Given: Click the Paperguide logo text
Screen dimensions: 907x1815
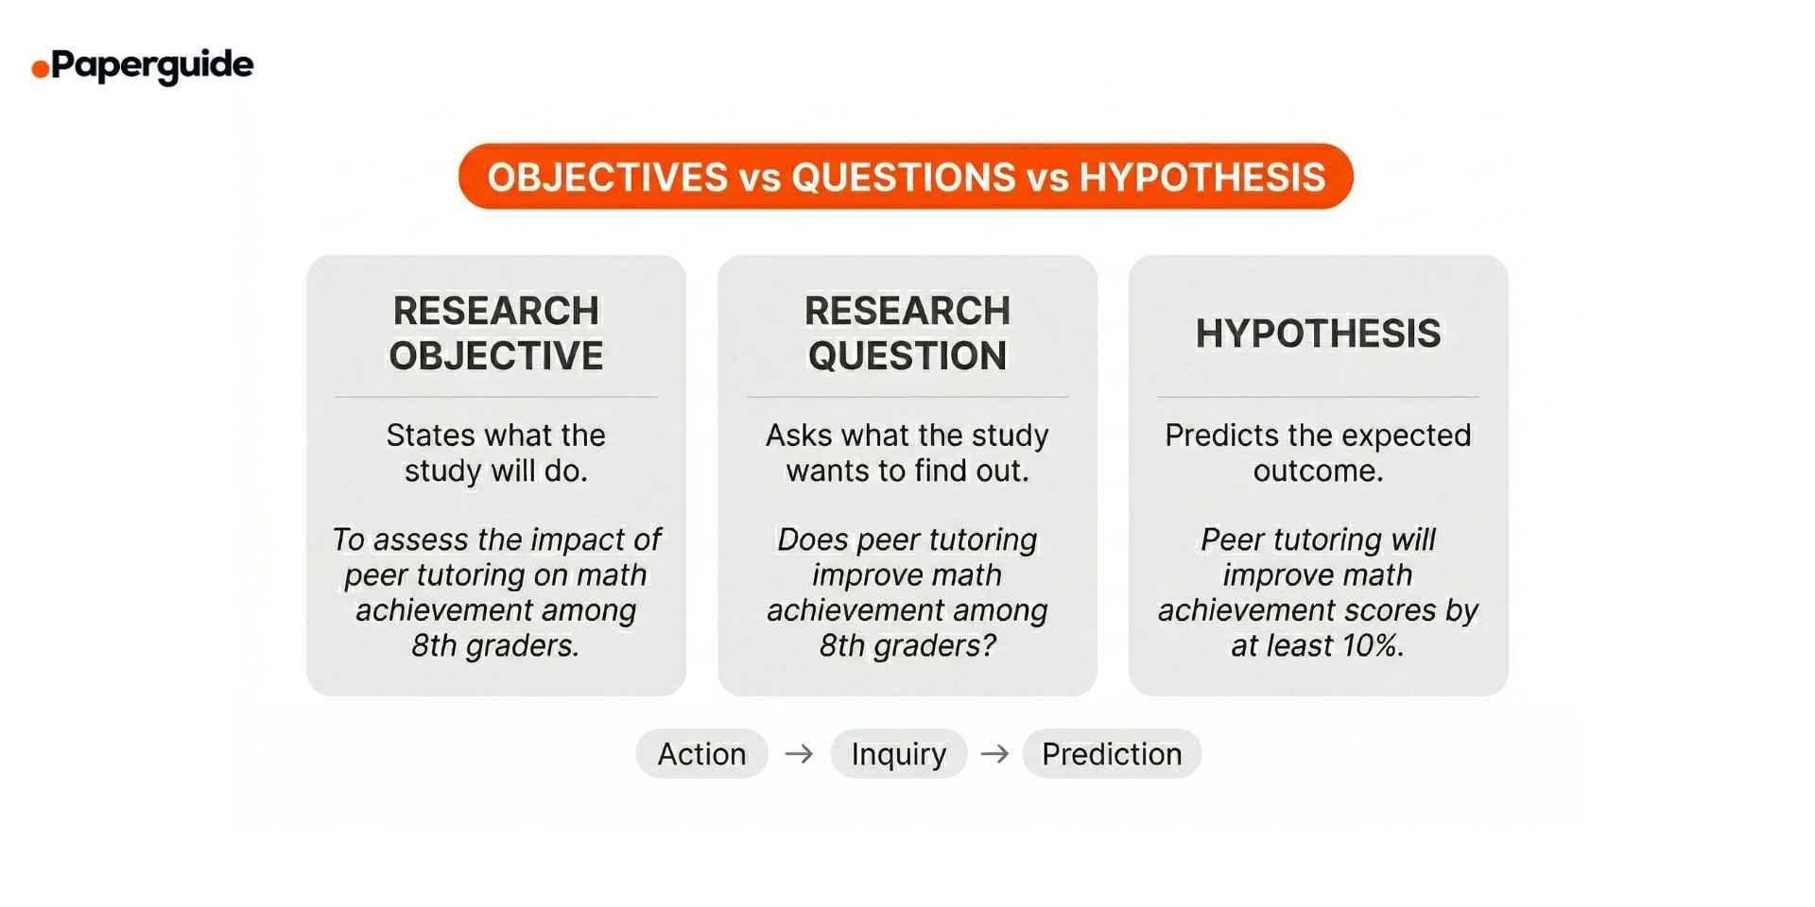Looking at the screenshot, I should pyautogui.click(x=151, y=65).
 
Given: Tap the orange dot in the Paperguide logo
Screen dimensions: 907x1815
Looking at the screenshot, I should pyautogui.click(x=40, y=68).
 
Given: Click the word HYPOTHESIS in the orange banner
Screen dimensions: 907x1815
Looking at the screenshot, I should pyautogui.click(x=1202, y=178).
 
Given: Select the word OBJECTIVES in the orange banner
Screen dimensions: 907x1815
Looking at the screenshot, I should pyautogui.click(x=608, y=178).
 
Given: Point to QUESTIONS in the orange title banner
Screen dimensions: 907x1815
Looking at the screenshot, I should pyautogui.click(x=903, y=178).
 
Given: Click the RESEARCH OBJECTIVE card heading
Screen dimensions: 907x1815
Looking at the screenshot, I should pyautogui.click(x=496, y=333).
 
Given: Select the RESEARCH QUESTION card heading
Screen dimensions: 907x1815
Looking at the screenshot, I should pyautogui.click(x=907, y=333).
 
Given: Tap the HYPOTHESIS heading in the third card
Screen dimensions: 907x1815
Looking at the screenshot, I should pyautogui.click(x=1318, y=334).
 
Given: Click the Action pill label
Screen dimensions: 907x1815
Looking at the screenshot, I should pyautogui.click(x=701, y=754).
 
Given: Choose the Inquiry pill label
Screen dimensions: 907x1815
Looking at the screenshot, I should pyautogui.click(x=898, y=754).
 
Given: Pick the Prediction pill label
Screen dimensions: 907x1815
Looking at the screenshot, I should pyautogui.click(x=1112, y=754).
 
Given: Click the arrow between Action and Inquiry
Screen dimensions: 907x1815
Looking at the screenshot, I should pyautogui.click(x=799, y=754).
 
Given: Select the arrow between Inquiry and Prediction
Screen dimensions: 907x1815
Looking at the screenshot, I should pyautogui.click(x=994, y=754).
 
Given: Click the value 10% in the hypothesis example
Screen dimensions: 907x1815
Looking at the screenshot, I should pyautogui.click(x=1371, y=646).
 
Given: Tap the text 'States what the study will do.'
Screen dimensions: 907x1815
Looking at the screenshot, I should pyautogui.click(x=496, y=453).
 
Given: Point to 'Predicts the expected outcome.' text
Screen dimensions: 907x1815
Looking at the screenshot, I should pyautogui.click(x=1318, y=453).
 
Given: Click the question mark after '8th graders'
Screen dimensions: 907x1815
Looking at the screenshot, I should pyautogui.click(x=990, y=646).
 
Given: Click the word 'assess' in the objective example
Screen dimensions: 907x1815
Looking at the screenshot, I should pyautogui.click(x=422, y=539).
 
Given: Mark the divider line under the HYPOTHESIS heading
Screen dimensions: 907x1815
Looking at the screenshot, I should pyautogui.click(x=1318, y=397).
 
